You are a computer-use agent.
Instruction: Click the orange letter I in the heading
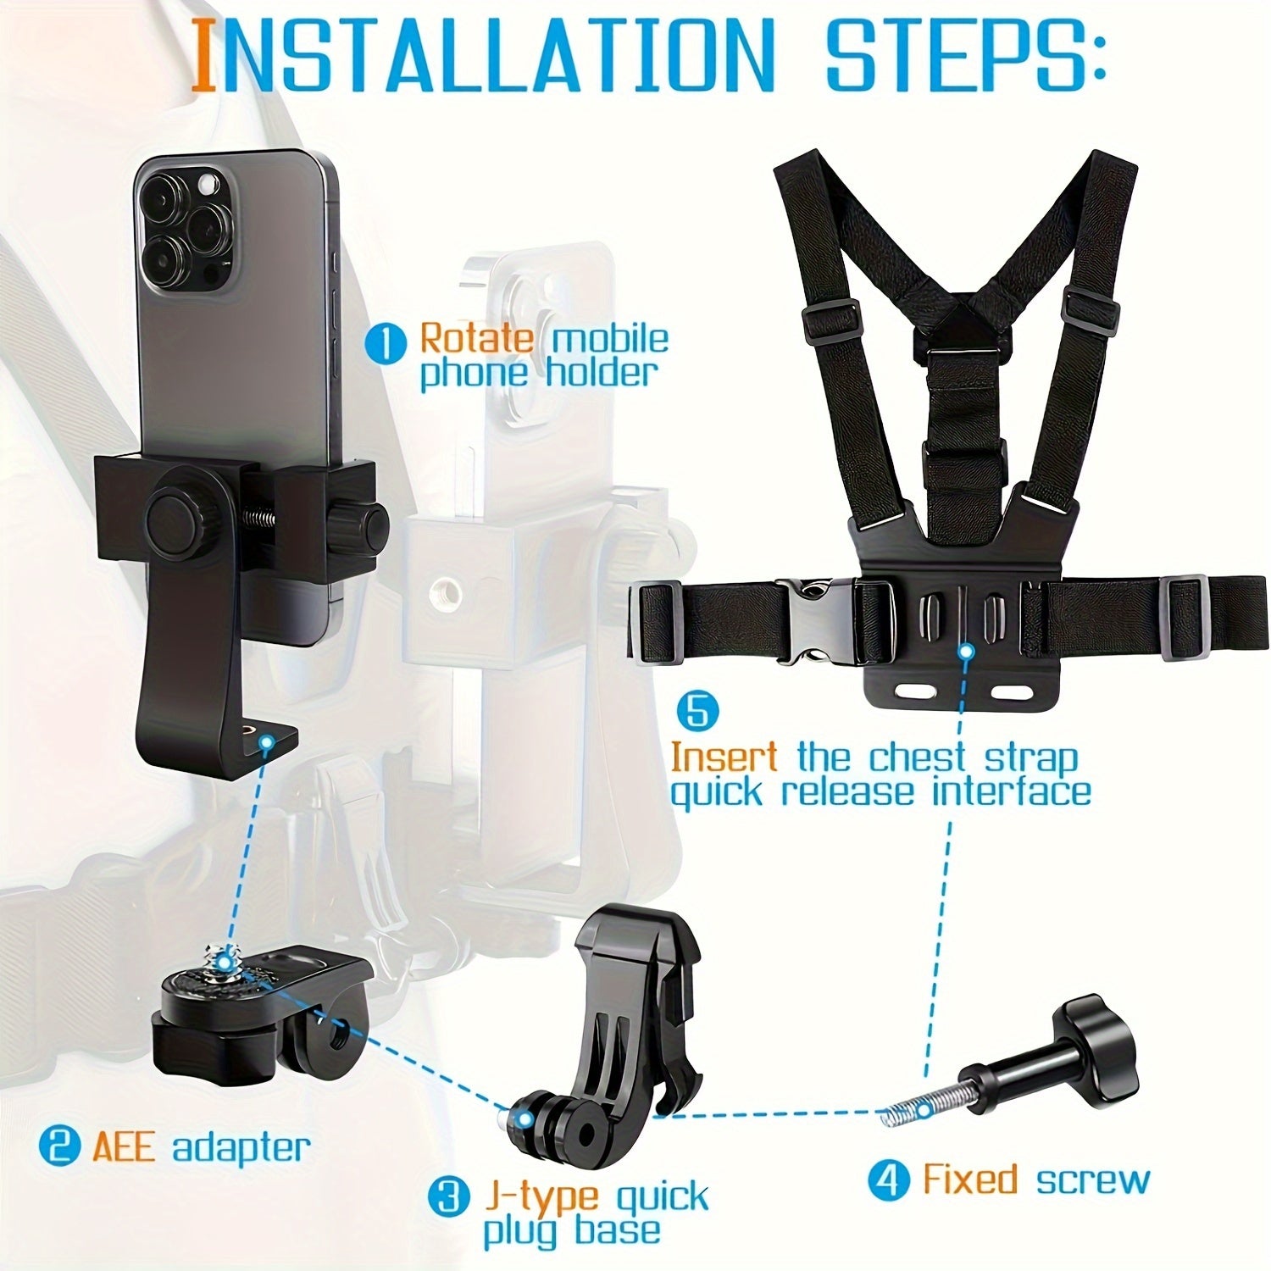tap(203, 56)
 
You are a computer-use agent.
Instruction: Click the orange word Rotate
tap(477, 339)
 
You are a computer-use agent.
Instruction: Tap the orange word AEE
tap(123, 1148)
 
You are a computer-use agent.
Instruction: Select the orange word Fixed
tap(969, 1179)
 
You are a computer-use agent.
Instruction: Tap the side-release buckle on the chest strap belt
tap(813, 624)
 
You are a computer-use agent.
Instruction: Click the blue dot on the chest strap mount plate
tap(965, 651)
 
